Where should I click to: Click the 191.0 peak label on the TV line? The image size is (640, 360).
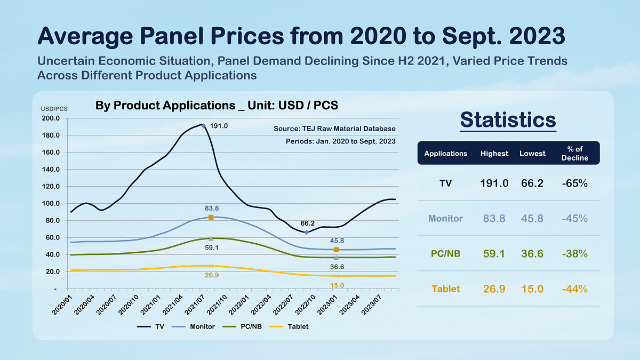click(x=219, y=126)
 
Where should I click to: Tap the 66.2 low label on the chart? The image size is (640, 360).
click(x=307, y=223)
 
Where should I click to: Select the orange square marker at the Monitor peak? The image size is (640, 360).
click(x=211, y=217)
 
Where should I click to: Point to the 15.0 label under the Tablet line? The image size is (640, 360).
click(x=337, y=285)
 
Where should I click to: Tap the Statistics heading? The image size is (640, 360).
click(x=508, y=119)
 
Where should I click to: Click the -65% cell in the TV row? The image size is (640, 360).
click(x=575, y=183)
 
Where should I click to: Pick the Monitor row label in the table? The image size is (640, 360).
click(x=445, y=219)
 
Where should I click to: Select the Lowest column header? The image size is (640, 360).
click(x=532, y=153)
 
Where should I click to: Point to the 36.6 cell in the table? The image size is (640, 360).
click(x=532, y=254)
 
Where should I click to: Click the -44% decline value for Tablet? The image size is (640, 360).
click(x=575, y=289)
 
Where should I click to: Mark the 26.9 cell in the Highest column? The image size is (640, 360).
click(x=494, y=289)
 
